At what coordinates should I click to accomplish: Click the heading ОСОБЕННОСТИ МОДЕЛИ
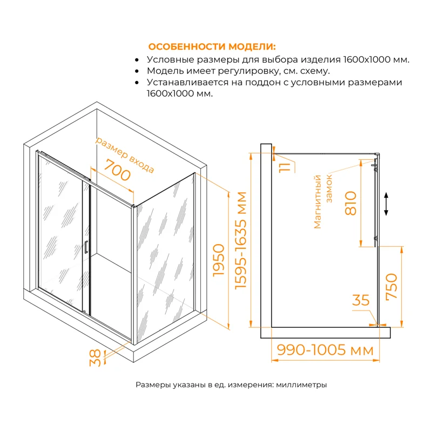coord(212,46)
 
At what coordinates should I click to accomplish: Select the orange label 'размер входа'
coord(125,154)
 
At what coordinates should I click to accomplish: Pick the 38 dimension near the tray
coord(95,356)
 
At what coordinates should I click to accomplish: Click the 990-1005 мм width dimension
coord(325,350)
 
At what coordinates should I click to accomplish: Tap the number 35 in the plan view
coord(360,300)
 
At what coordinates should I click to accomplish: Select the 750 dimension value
coord(392,287)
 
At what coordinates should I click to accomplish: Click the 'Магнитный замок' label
coord(324,201)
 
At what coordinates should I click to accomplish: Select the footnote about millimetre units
coord(231,385)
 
